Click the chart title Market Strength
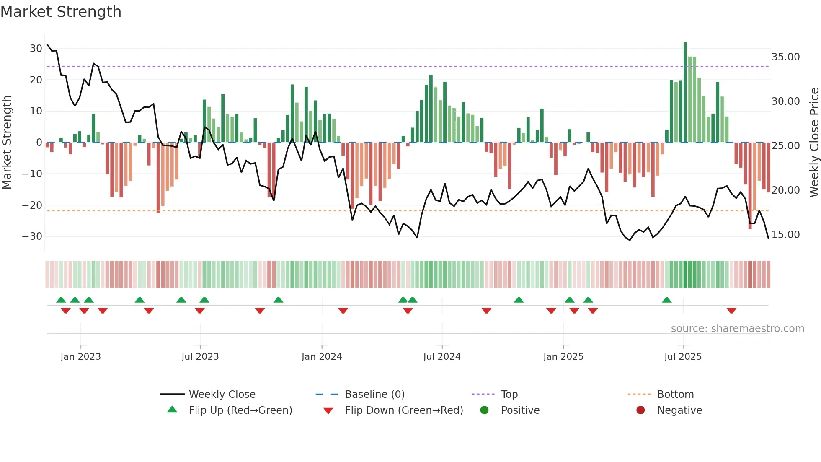(61, 12)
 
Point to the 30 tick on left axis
(36, 48)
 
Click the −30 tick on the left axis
(32, 236)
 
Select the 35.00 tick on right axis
(785, 57)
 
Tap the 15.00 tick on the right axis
(785, 234)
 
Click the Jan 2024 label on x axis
(321, 356)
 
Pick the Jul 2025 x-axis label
(682, 356)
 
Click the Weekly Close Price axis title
(814, 142)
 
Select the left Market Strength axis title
(7, 142)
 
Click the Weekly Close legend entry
(222, 394)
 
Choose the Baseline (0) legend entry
(374, 394)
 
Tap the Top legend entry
(509, 394)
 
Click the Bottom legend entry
(675, 394)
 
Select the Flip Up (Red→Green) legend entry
(240, 410)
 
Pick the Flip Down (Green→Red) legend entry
(404, 410)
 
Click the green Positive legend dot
(484, 410)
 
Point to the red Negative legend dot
(640, 410)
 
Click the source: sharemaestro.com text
(737, 328)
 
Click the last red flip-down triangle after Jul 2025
(731, 311)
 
